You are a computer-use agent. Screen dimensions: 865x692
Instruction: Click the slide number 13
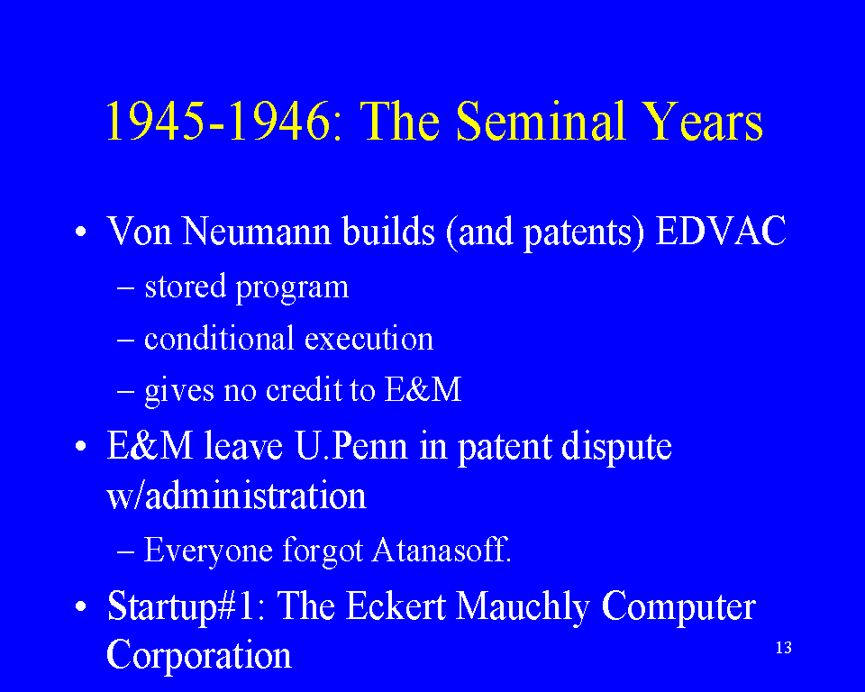coord(783,647)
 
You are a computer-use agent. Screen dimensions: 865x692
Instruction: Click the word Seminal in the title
coord(542,122)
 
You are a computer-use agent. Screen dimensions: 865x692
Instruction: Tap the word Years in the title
coord(704,122)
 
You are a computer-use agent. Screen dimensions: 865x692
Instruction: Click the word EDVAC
coord(721,231)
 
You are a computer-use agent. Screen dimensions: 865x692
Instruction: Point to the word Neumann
coord(257,231)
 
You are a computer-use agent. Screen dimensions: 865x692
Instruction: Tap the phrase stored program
coord(247,287)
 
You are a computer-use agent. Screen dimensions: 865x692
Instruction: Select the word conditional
coord(219,338)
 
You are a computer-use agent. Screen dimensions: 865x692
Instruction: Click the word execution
coord(369,338)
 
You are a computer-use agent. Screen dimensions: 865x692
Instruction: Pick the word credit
coord(304,389)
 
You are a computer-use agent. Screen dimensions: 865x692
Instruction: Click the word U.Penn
coord(351,446)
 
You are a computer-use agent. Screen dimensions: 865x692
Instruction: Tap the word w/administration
coord(236,495)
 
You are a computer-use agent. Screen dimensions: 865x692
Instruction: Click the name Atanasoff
coord(442,550)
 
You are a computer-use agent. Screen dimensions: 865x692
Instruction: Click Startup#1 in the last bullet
coord(186,607)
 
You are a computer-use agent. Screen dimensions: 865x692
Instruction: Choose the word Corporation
coord(198,656)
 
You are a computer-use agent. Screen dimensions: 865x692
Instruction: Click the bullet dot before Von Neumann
coord(81,232)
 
